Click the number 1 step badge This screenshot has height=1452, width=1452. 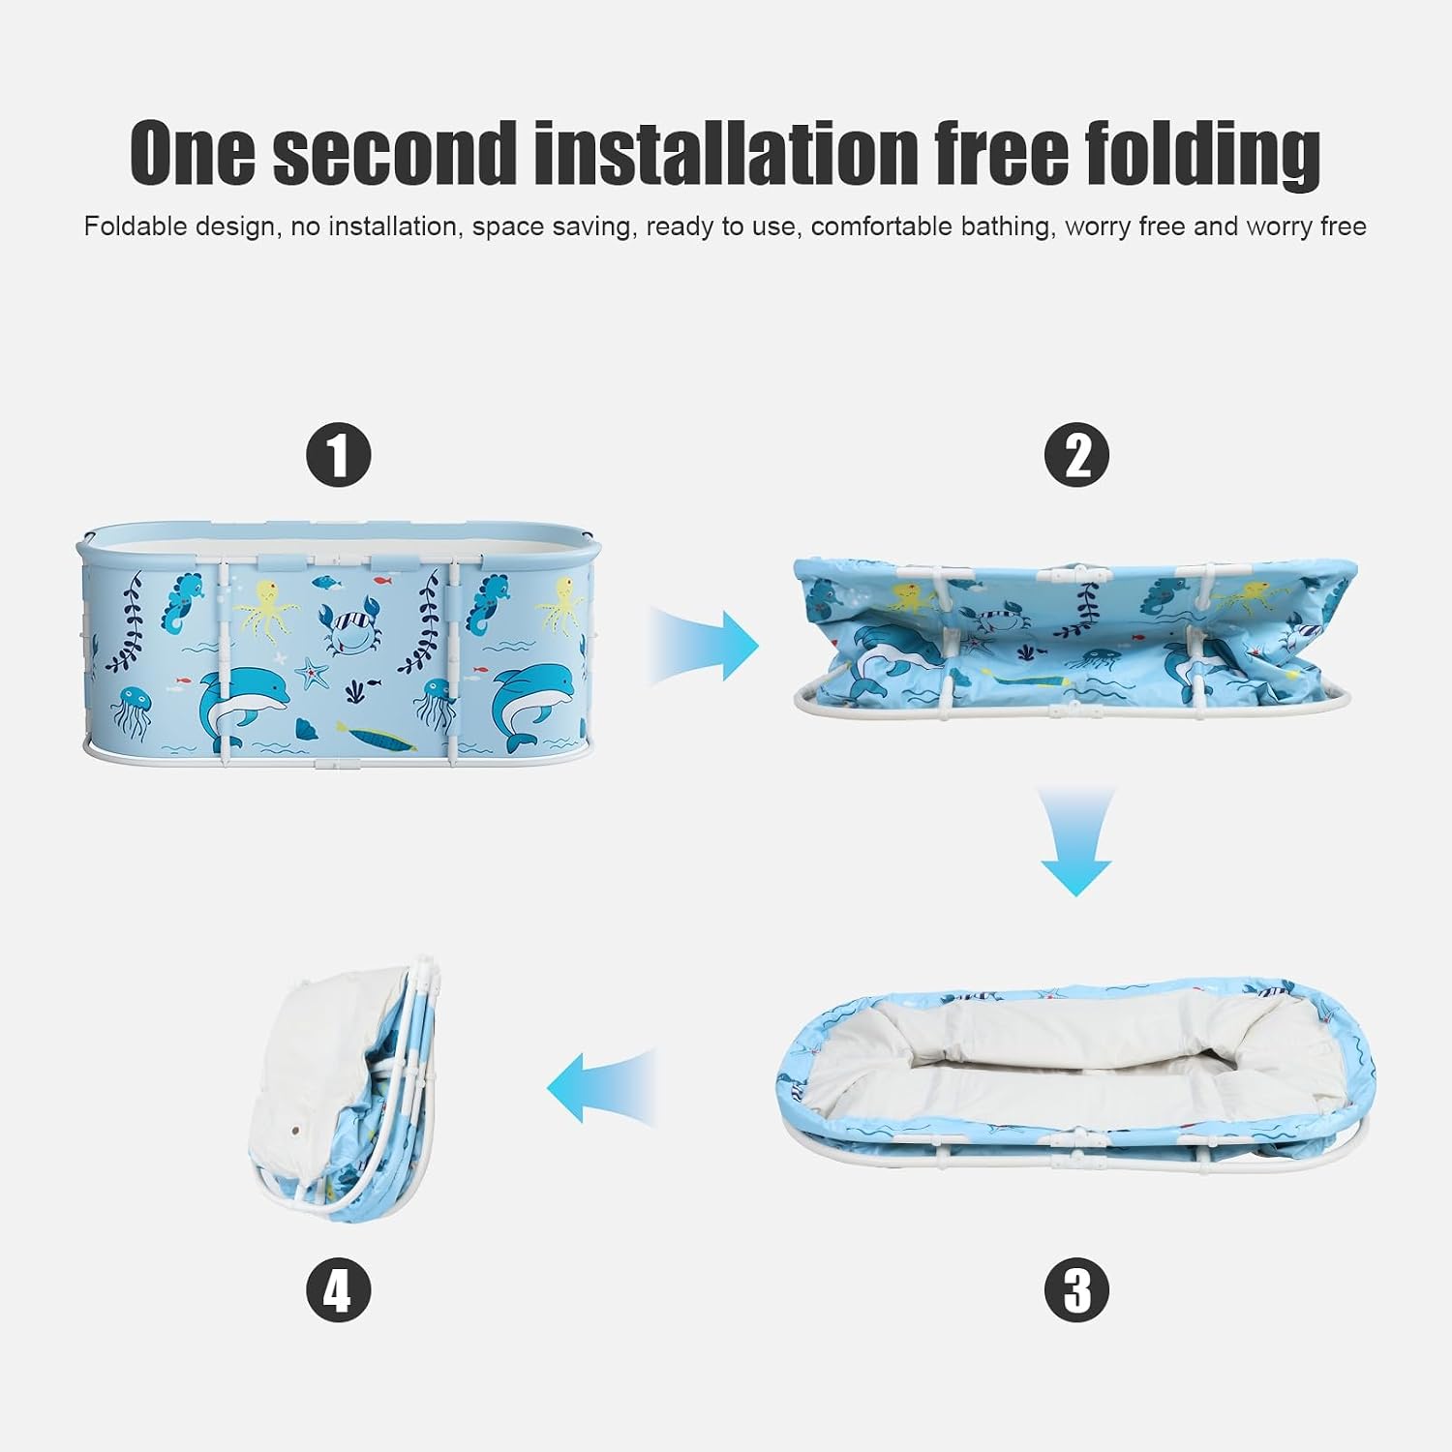[x=339, y=454]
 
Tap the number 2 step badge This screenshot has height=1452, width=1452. [x=1076, y=454]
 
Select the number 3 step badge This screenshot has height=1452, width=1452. [x=1076, y=1289]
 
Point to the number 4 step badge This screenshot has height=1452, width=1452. [x=339, y=1289]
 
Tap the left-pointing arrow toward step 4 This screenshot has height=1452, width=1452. [x=602, y=1088]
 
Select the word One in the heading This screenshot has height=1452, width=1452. [x=194, y=153]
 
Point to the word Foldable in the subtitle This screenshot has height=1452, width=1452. [x=136, y=227]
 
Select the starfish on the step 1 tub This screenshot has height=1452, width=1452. [x=312, y=672]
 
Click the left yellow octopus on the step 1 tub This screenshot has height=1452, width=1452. [x=261, y=610]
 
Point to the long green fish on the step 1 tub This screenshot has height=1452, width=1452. [x=378, y=737]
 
